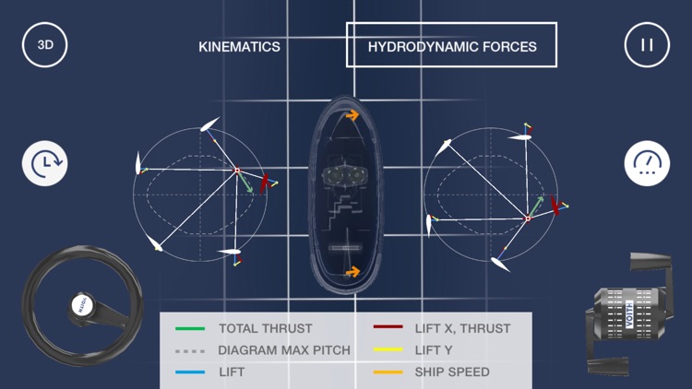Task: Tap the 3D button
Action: coord(44,44)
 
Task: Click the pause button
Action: coord(647,44)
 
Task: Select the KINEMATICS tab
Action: coord(239,47)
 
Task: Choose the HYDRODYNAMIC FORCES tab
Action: coord(451,45)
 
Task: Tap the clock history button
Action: coord(44,163)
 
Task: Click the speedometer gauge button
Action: coord(647,163)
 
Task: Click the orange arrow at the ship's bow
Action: coord(352,115)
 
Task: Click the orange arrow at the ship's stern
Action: coord(352,272)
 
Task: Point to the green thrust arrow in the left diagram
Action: coord(245,183)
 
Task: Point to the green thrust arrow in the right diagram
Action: coord(536,206)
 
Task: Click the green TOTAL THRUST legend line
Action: coord(190,328)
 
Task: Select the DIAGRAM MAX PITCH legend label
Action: coord(284,350)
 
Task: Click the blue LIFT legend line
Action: coord(190,372)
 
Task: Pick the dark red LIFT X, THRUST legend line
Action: coord(388,327)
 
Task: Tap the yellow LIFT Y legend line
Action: coord(388,349)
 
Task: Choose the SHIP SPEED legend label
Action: coord(452,371)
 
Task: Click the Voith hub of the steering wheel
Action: coord(82,305)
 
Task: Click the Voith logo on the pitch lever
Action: coord(629,313)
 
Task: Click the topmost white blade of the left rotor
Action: coord(209,124)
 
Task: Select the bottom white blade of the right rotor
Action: coord(500,265)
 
